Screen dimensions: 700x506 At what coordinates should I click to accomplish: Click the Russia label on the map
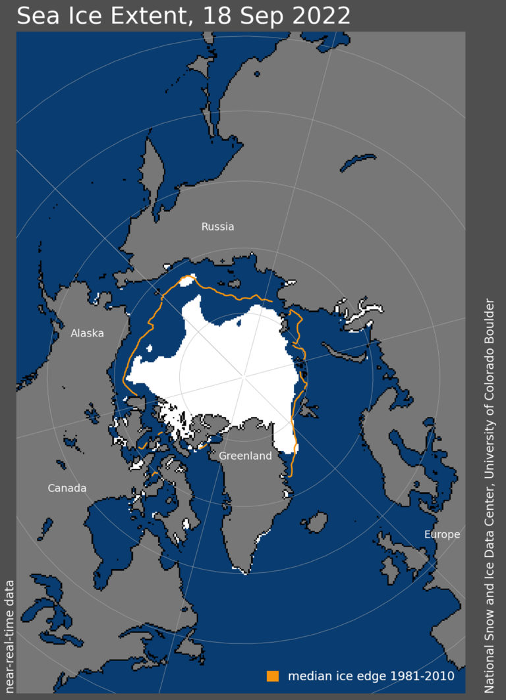click(x=217, y=227)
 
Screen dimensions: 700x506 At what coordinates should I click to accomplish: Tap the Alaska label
click(x=87, y=333)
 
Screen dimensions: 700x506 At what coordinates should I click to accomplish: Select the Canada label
click(x=67, y=488)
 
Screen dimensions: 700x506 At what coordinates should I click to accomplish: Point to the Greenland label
click(x=245, y=456)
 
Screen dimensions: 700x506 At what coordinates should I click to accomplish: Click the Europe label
click(x=441, y=534)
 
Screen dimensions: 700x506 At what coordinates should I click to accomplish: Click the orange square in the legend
click(x=273, y=676)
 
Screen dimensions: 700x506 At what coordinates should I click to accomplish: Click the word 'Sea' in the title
click(x=36, y=15)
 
